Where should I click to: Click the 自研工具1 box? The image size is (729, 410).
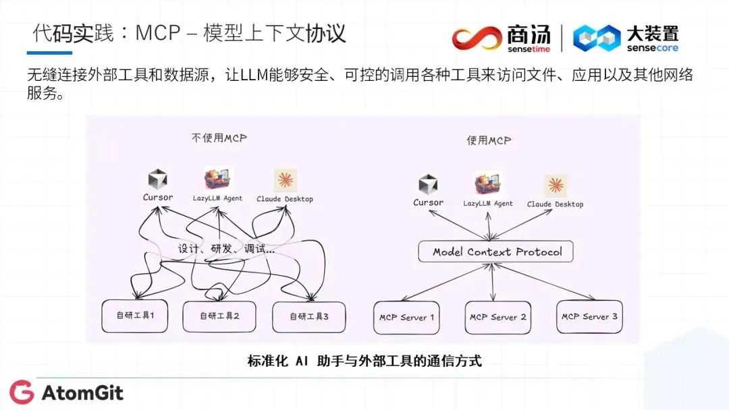[x=135, y=315]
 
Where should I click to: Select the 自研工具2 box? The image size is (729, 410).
[x=220, y=316]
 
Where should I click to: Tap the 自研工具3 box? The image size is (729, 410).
[x=308, y=316]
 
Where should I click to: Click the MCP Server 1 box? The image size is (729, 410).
[x=406, y=317]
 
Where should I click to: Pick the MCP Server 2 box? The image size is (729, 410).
[x=498, y=317]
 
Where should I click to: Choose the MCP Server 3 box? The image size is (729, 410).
[x=589, y=316]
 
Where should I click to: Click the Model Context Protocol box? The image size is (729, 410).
[x=497, y=252]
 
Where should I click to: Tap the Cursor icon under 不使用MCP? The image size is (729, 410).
[x=158, y=179]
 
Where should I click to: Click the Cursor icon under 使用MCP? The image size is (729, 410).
[x=428, y=185]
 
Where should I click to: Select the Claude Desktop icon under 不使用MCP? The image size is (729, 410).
[x=285, y=180]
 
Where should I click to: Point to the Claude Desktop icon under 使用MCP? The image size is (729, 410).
[x=556, y=185]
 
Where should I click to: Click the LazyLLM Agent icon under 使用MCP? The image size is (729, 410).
[x=487, y=184]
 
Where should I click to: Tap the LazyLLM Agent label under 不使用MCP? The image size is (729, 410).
[x=217, y=198]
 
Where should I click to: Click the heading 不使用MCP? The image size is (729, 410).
[x=219, y=138]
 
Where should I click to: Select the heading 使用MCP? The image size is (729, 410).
[x=489, y=140]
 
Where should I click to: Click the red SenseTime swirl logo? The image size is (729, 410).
[x=477, y=38]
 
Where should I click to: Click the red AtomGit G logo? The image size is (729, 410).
[x=22, y=392]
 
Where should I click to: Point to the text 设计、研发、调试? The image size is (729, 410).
[x=226, y=248]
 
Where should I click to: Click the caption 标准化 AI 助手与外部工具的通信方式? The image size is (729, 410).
[x=364, y=361]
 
